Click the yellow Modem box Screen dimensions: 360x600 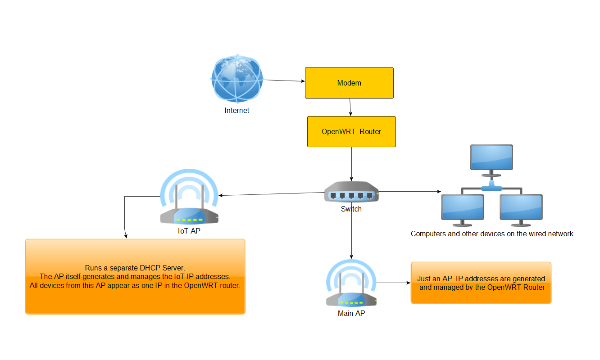[x=349, y=83]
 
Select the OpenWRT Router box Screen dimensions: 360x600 [x=351, y=131]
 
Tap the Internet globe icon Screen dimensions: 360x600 [x=237, y=79]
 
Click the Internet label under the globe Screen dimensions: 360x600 [x=237, y=110]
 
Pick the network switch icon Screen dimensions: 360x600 [x=351, y=192]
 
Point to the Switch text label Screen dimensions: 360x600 [x=351, y=209]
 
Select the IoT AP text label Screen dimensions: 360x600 [x=189, y=231]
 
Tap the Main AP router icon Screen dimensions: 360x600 [x=351, y=286]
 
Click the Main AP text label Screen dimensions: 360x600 [x=351, y=313]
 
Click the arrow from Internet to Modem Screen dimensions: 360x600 [x=284, y=81]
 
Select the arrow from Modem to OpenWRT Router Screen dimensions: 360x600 [x=350, y=107]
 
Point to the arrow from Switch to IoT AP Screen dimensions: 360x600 [x=270, y=194]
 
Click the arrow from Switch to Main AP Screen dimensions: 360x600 [x=351, y=234]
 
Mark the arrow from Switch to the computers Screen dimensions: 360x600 [x=410, y=192]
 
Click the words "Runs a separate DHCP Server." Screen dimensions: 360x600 [x=135, y=268]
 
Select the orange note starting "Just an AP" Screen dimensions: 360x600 [x=481, y=283]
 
